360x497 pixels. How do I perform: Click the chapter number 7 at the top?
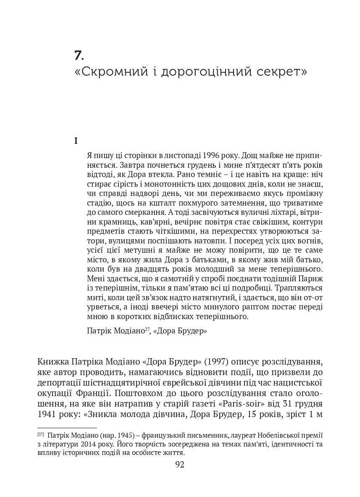click(79, 55)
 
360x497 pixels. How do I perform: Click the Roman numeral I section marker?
click(76, 141)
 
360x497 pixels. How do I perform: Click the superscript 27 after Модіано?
click(147, 329)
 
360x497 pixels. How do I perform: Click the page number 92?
click(180, 465)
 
